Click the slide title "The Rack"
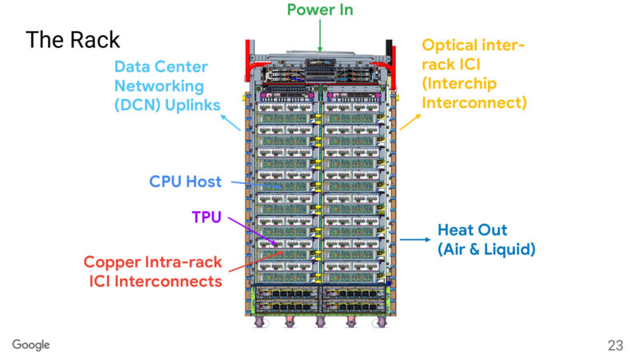(73, 39)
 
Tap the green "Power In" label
(320, 10)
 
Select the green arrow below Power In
(319, 34)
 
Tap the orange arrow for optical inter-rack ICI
(410, 121)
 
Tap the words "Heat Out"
(472, 230)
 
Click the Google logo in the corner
(31, 345)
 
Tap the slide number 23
(615, 346)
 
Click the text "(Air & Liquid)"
(486, 250)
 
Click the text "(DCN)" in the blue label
(137, 103)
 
